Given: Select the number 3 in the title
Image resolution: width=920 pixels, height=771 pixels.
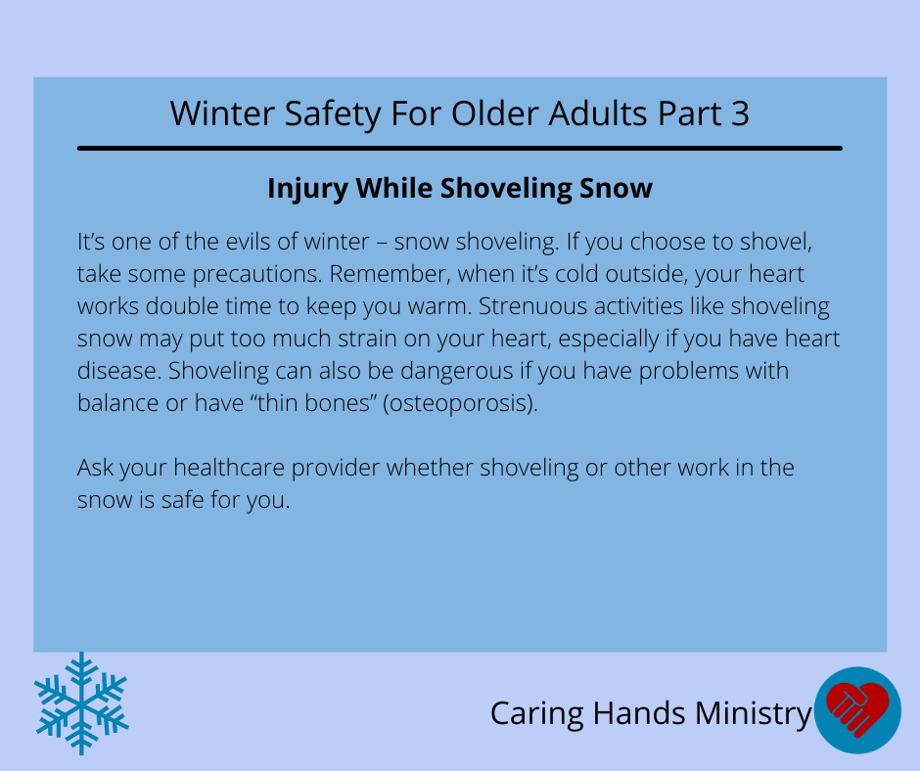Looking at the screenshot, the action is (x=740, y=113).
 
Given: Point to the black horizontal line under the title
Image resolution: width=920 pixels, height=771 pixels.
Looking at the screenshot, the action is (x=460, y=149).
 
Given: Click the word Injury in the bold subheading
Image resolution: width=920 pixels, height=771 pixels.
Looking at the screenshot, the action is (x=307, y=190).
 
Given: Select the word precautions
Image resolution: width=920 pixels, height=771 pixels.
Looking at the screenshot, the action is (x=257, y=275).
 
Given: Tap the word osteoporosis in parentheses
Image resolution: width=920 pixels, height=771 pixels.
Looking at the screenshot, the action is (x=460, y=404).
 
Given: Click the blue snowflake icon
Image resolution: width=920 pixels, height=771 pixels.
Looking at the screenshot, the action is (x=81, y=703).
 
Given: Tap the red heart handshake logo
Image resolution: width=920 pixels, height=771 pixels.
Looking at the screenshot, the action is (x=857, y=710).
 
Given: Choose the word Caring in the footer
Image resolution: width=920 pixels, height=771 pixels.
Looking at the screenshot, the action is (x=537, y=714).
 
